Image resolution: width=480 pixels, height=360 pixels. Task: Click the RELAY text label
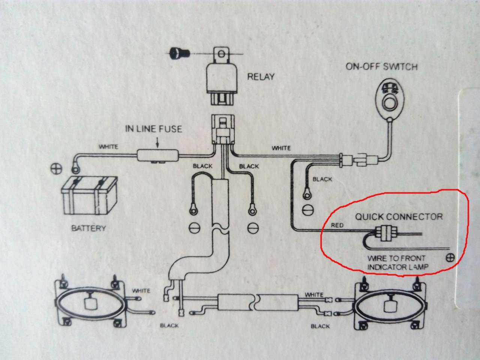(x=261, y=77)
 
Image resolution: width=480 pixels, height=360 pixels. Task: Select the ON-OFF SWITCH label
(x=382, y=67)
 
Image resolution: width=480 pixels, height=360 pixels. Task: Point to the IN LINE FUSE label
(x=153, y=129)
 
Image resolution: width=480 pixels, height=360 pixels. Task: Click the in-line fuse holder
(x=158, y=155)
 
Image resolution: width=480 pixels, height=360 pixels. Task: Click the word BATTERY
(x=88, y=228)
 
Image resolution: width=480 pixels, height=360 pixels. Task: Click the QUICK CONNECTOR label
(x=399, y=217)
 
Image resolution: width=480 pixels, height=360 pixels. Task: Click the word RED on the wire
(x=337, y=225)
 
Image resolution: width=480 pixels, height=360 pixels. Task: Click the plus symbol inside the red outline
(x=450, y=258)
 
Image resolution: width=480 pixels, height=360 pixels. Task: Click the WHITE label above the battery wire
(x=108, y=147)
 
